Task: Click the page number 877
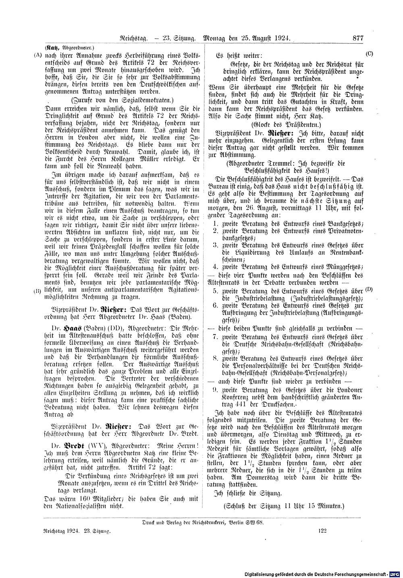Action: pyautogui.click(x=358, y=39)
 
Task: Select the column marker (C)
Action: pyautogui.click(x=370, y=53)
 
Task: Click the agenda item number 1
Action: pyautogui.click(x=216, y=224)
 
